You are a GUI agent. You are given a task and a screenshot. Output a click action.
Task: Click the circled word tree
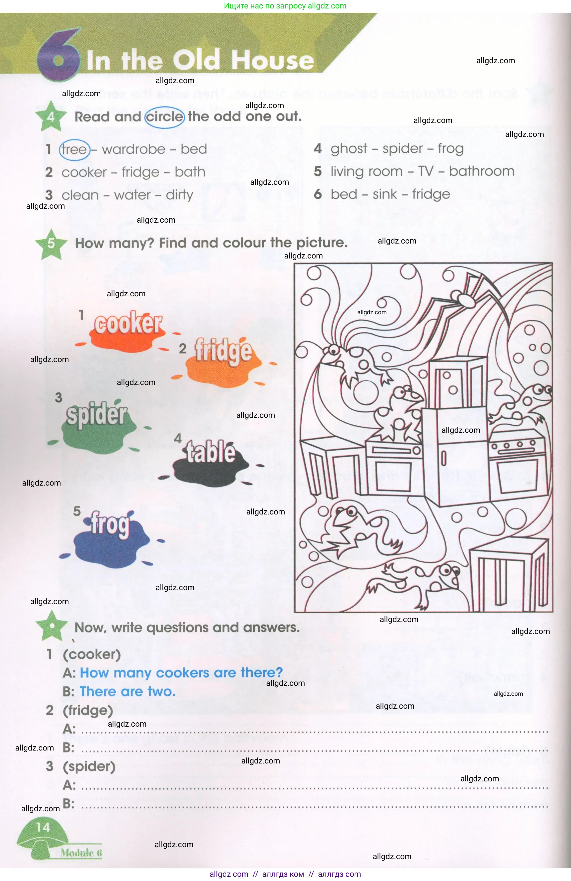(74, 150)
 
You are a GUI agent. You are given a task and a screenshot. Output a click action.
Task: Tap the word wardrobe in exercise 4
(133, 149)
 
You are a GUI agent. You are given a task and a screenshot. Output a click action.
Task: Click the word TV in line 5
(426, 171)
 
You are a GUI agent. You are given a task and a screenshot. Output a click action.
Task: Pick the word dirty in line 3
(179, 195)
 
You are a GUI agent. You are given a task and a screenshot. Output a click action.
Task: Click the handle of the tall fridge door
(444, 459)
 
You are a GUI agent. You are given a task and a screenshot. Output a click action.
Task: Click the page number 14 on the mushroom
(43, 827)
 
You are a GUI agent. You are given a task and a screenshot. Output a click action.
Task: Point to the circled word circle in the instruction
(164, 117)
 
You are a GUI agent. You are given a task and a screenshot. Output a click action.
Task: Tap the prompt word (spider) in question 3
(89, 766)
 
